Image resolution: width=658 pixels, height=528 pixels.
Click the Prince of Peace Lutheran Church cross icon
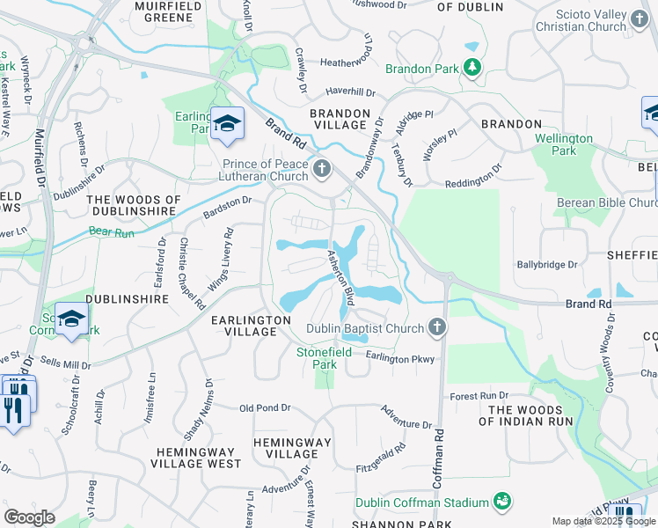(322, 168)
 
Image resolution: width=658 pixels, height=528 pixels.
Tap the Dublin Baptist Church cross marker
(437, 329)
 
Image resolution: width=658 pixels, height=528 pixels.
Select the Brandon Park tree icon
(472, 67)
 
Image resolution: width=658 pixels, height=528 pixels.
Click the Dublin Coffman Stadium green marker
(502, 502)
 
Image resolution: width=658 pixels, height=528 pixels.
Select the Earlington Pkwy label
(400, 357)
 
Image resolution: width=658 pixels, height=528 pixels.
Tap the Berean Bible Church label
(605, 203)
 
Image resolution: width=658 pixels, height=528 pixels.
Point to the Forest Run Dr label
(479, 395)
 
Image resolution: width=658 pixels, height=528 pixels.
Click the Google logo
(30, 517)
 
